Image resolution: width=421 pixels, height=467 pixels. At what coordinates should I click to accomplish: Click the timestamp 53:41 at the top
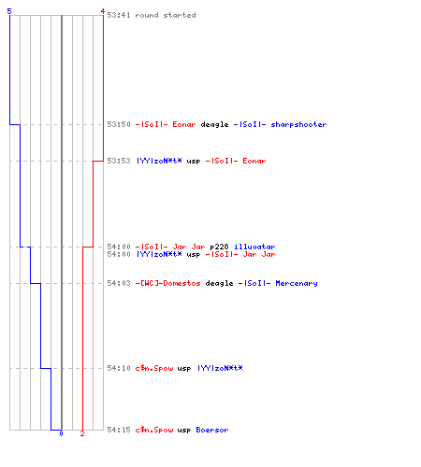[x=119, y=15]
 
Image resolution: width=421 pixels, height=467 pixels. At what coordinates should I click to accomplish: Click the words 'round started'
[x=166, y=15]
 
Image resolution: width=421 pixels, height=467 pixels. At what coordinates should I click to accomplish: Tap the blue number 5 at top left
[x=9, y=11]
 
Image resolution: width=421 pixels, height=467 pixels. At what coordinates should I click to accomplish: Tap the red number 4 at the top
[x=103, y=11]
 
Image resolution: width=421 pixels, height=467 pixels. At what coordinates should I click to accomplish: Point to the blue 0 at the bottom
[x=61, y=433]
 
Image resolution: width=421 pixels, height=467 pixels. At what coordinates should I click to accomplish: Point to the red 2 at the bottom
[x=82, y=433]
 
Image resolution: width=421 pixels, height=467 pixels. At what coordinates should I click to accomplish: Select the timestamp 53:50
[x=119, y=124]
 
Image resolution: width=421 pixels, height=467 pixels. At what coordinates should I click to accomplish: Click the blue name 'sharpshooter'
[x=298, y=124]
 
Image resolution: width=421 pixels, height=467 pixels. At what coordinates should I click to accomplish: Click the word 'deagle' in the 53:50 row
[x=214, y=125]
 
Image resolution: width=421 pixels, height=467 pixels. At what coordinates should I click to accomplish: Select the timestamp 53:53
[x=119, y=161]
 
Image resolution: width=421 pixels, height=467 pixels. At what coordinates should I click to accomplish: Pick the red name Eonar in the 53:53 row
[x=254, y=161]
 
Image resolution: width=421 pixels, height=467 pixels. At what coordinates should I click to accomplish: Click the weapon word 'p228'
[x=219, y=247]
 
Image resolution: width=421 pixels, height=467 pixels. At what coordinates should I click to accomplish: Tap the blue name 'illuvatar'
[x=254, y=247]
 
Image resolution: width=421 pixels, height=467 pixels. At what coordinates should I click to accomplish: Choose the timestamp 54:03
[x=119, y=283]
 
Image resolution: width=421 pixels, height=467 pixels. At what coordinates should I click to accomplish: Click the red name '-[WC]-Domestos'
[x=167, y=283]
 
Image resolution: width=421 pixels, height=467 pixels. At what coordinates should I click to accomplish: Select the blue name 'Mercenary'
[x=297, y=283]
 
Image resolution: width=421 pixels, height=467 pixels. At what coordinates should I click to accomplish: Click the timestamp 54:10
[x=119, y=368]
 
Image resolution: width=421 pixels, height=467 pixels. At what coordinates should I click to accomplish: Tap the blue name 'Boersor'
[x=212, y=430]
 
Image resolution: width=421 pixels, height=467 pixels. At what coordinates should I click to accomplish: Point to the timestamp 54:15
[x=119, y=430]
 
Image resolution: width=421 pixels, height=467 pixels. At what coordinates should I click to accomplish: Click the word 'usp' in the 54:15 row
[x=184, y=431]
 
